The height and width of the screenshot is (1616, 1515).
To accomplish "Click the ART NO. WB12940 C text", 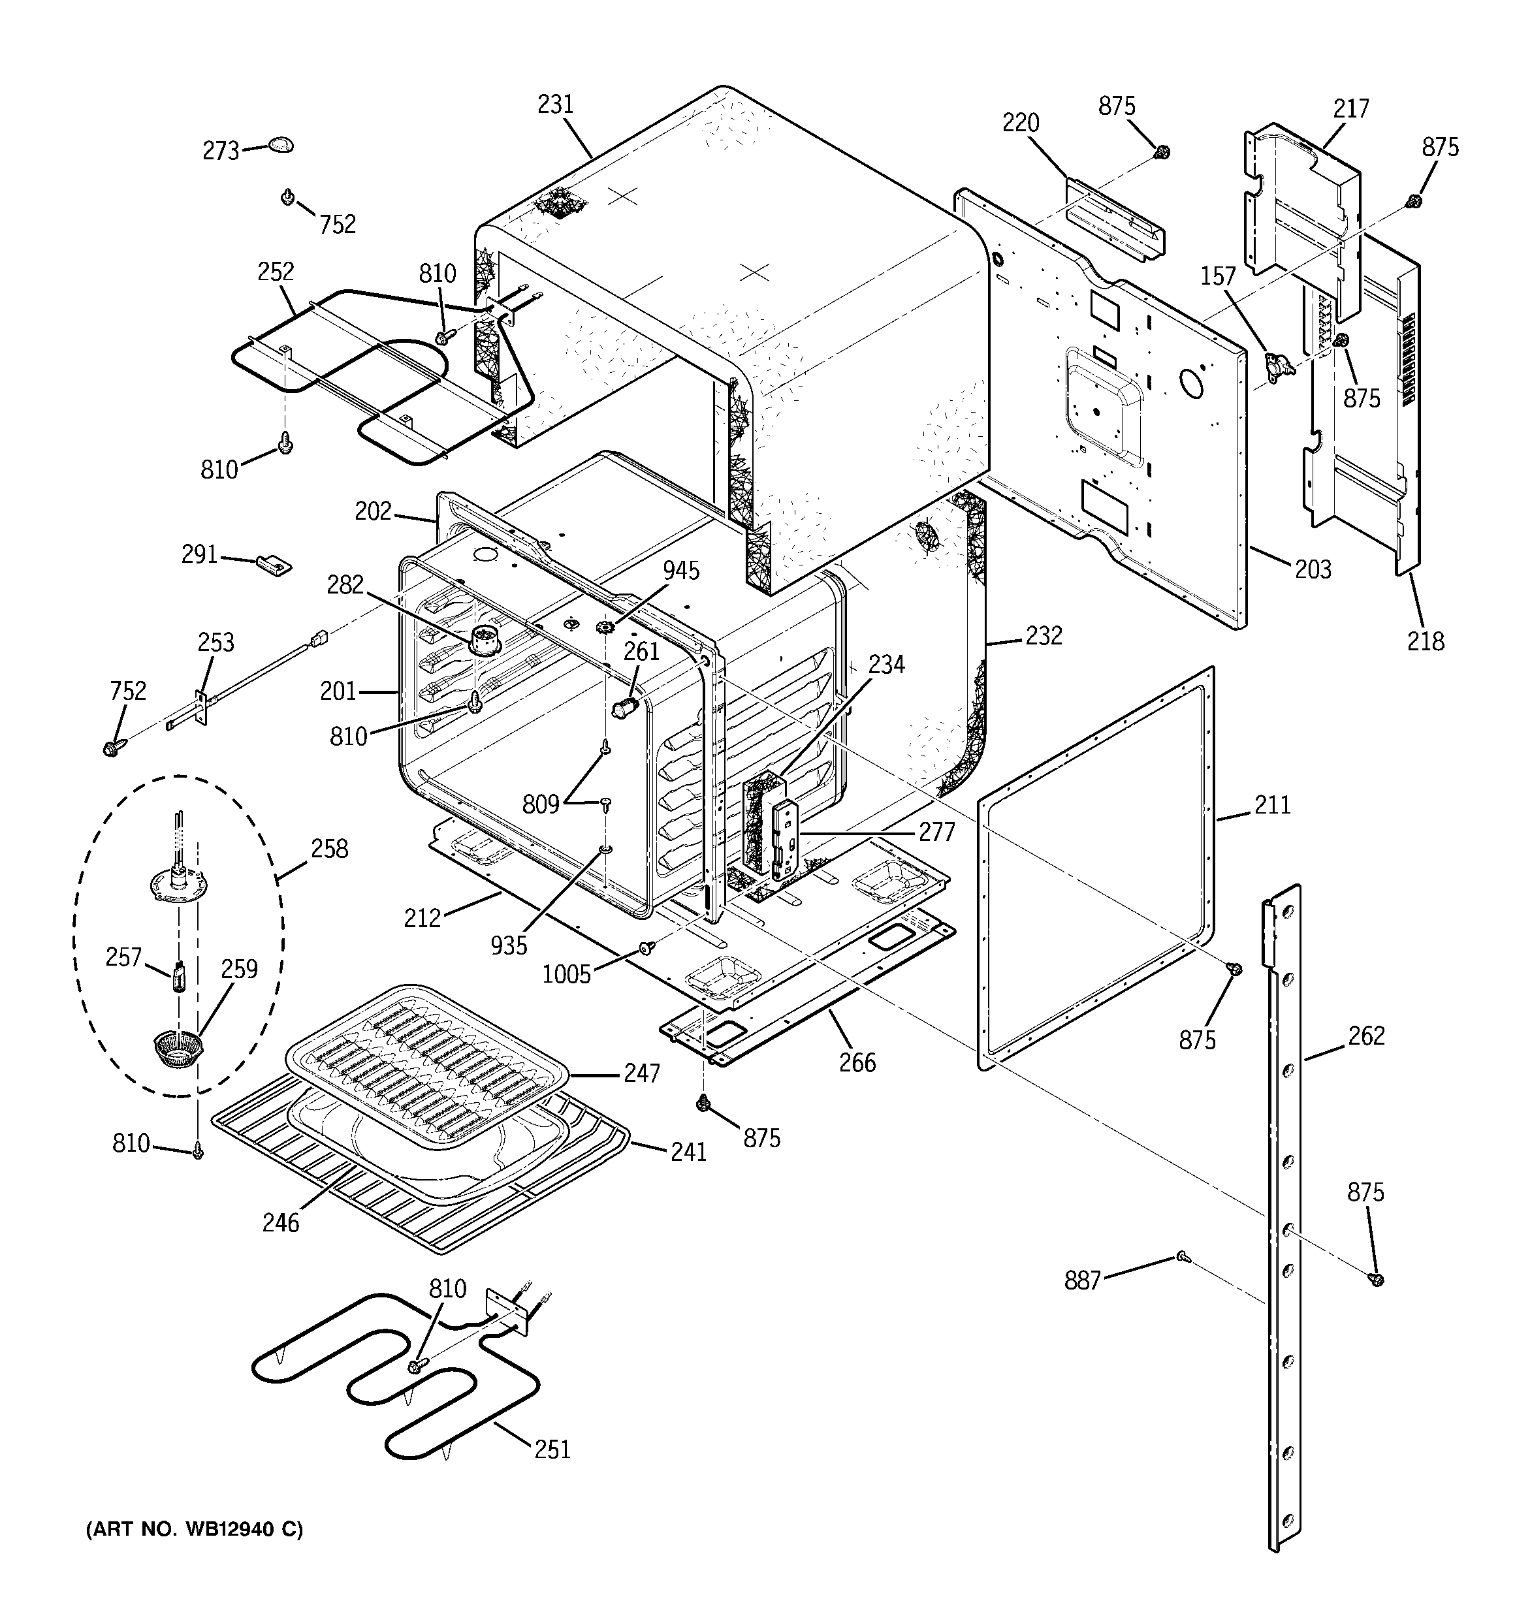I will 195,1530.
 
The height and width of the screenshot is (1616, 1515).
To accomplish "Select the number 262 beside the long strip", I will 1365,1036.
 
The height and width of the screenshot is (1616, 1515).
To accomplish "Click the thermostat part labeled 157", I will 1276,364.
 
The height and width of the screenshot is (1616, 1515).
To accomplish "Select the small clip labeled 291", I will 274,563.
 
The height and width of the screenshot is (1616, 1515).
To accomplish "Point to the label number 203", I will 1313,569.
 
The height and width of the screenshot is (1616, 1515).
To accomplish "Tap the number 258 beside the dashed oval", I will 328,849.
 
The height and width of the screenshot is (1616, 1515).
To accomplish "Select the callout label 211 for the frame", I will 1272,805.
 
